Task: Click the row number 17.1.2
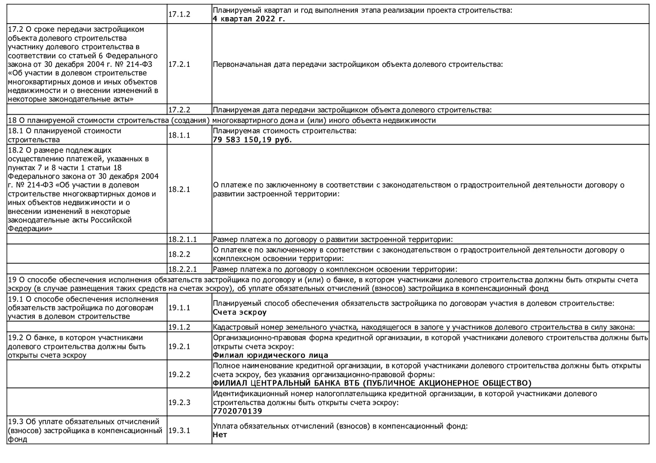(179, 14)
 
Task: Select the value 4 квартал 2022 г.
(249, 19)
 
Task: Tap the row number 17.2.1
(179, 64)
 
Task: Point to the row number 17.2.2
(179, 110)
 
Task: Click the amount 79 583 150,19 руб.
(252, 140)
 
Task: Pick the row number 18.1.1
(179, 135)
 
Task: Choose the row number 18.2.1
(179, 189)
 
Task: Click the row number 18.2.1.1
(182, 240)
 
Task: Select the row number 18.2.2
(179, 254)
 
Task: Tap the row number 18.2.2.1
(182, 270)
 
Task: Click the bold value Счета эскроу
(240, 312)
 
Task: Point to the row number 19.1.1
(179, 308)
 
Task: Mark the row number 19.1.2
(179, 327)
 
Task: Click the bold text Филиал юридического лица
(270, 355)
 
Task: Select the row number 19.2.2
(179, 374)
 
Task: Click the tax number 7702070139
(237, 411)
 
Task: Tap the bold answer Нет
(220, 435)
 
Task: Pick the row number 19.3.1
(179, 430)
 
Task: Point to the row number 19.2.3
(179, 403)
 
